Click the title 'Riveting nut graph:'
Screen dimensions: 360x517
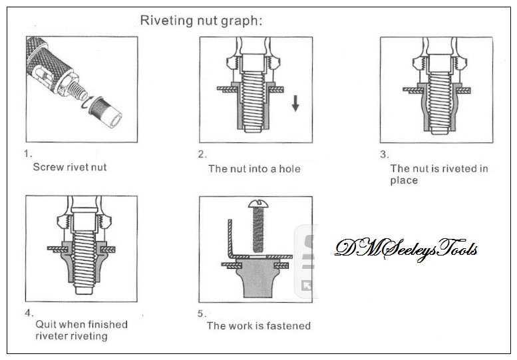[x=201, y=20]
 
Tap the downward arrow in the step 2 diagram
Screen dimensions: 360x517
[x=295, y=104]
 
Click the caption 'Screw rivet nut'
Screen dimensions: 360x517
[x=70, y=167]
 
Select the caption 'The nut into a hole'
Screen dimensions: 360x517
[x=254, y=169]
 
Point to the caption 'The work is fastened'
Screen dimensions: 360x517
[x=258, y=325]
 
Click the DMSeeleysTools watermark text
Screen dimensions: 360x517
[x=406, y=249]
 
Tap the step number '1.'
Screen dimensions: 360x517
[x=27, y=154]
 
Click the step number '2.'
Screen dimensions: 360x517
[x=202, y=154]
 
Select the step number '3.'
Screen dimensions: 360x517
[x=384, y=154]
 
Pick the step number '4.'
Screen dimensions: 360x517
[x=28, y=311]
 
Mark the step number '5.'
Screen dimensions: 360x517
[x=202, y=311]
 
